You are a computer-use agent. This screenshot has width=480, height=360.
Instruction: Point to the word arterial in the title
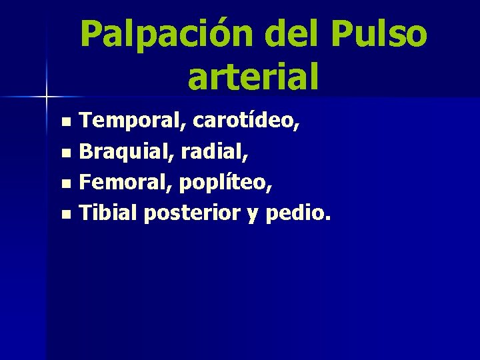(253, 75)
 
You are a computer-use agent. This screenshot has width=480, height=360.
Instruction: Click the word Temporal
(133, 121)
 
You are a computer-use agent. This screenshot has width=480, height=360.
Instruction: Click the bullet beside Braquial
(65, 153)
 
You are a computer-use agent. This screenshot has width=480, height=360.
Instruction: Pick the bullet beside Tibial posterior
(65, 215)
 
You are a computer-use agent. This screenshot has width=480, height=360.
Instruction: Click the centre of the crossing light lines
(46, 97)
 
